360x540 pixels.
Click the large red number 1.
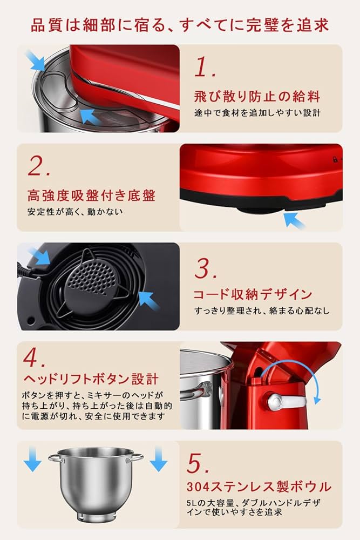203,67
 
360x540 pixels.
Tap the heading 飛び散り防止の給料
257,97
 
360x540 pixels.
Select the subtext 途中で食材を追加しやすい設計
257,113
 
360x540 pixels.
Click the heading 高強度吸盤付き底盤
91,195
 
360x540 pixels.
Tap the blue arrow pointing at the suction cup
294,220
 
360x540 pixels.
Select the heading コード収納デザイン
253,294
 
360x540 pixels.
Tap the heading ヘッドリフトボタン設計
91,378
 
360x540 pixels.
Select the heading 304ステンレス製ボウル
259,486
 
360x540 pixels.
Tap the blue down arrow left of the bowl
32,460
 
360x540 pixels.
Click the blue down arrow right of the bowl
158,460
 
